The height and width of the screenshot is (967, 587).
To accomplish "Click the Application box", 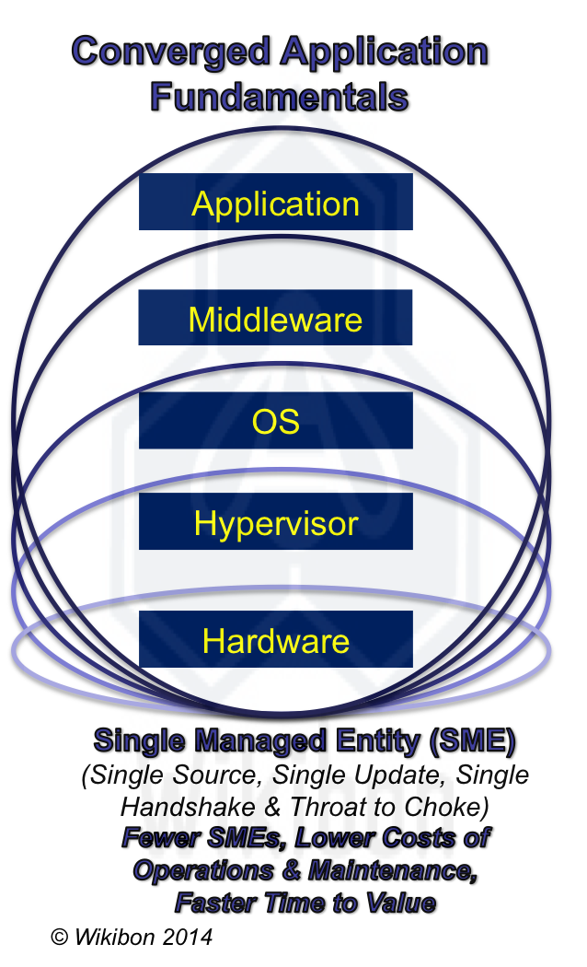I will coord(275,203).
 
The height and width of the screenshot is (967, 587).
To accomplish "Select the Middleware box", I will coord(275,319).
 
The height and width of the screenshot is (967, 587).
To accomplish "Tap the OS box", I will coord(275,421).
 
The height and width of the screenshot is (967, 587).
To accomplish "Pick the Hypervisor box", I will coord(275,523).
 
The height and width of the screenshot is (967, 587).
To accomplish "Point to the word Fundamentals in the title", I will coord(279,95).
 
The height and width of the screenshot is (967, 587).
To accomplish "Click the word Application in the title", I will coord(385,52).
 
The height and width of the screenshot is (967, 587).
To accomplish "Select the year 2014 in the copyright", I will coord(189,938).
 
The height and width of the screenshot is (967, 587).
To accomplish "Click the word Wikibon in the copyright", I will coord(117,938).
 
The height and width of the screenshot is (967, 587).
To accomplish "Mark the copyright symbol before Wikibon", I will coord(61,938).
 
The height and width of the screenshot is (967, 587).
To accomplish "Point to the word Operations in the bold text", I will coord(202,870).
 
